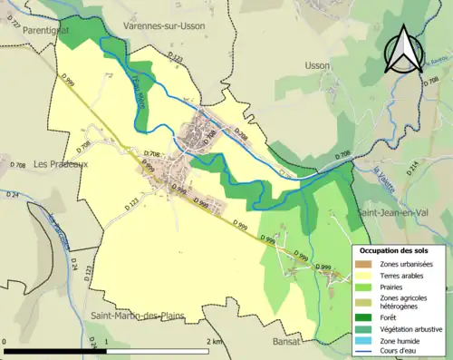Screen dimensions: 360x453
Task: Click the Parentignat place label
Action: point(29,29)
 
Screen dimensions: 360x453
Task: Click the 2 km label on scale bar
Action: point(213,341)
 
